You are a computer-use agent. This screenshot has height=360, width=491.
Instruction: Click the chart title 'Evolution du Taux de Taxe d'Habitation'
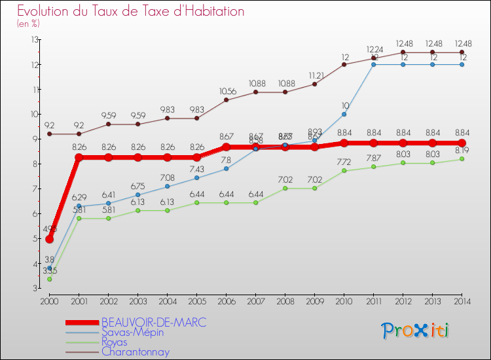pos(131,12)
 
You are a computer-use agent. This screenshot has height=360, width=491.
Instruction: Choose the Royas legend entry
pos(118,342)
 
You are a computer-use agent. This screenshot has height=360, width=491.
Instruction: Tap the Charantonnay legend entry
pos(135,351)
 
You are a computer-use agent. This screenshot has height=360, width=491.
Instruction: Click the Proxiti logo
pos(416,331)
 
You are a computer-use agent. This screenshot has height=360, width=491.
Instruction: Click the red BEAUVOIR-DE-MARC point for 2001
pos(79,158)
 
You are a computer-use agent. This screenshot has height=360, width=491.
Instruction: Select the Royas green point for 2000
pos(50,279)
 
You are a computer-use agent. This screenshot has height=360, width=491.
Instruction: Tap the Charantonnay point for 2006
pos(227,100)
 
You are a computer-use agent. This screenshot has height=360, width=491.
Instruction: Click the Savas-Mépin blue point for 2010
pos(344,114)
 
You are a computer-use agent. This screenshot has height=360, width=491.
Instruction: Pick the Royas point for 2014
pos(462,159)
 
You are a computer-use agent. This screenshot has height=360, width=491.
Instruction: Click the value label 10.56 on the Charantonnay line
pos(227,91)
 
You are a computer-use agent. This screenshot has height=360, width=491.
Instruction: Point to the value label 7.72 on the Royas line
pos(344,161)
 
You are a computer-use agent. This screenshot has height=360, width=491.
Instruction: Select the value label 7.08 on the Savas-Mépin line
pos(168,177)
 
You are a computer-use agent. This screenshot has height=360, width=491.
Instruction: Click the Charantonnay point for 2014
pos(462,52)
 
